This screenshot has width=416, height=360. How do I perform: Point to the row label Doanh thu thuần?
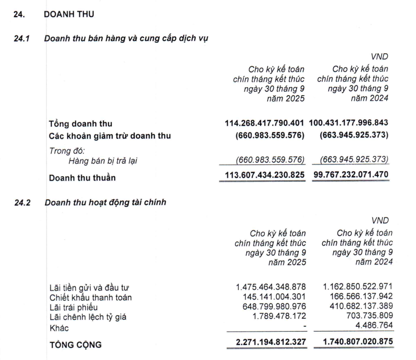point(82,177)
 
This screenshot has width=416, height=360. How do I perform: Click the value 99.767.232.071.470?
point(351,177)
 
